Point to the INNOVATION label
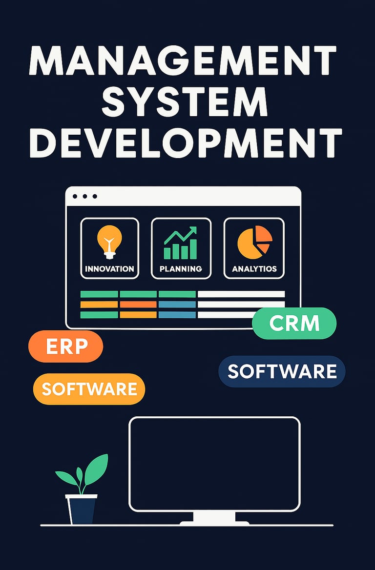pyautogui.click(x=109, y=269)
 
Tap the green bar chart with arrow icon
pyautogui.click(x=181, y=244)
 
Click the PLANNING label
pyautogui.click(x=181, y=269)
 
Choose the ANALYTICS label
pyautogui.click(x=254, y=269)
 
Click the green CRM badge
pyautogui.click(x=294, y=324)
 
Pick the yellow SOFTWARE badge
pyautogui.click(x=89, y=389)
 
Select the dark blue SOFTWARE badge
pyautogui.click(x=282, y=371)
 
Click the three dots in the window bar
pyautogui.click(x=84, y=196)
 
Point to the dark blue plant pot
pyautogui.click(x=82, y=509)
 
